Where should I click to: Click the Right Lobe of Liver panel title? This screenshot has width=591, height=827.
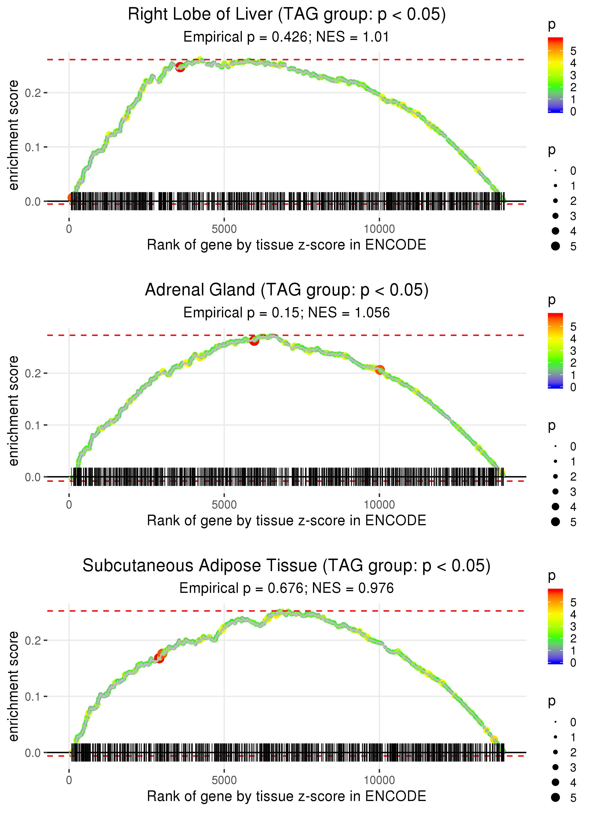pyautogui.click(x=287, y=15)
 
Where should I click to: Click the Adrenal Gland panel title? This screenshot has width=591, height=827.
pyautogui.click(x=287, y=290)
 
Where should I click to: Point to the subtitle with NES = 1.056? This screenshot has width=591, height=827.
pyautogui.click(x=287, y=313)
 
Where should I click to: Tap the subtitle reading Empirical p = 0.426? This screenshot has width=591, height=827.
pyautogui.click(x=287, y=37)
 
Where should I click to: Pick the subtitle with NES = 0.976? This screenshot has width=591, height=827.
pyautogui.click(x=287, y=588)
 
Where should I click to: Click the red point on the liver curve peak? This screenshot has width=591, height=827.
pyautogui.click(x=180, y=67)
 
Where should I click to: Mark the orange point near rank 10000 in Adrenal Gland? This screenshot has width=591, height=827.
pyautogui.click(x=380, y=370)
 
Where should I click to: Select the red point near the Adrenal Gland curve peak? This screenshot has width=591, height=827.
pyautogui.click(x=254, y=341)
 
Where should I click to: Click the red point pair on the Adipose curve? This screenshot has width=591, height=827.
pyautogui.click(x=160, y=656)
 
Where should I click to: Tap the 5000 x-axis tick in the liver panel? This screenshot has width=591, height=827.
pyautogui.click(x=224, y=229)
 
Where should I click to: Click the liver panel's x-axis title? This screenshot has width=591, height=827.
pyautogui.click(x=287, y=245)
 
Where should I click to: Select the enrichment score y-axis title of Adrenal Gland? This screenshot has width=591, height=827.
pyautogui.click(x=13, y=411)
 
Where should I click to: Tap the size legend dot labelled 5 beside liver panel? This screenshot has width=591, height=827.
pyautogui.click(x=555, y=246)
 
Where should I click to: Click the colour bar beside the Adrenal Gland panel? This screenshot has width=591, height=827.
pyautogui.click(x=555, y=351)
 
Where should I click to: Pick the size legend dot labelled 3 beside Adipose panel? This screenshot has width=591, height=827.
pyautogui.click(x=555, y=767)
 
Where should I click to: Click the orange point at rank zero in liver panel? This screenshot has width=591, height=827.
pyautogui.click(x=71, y=198)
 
